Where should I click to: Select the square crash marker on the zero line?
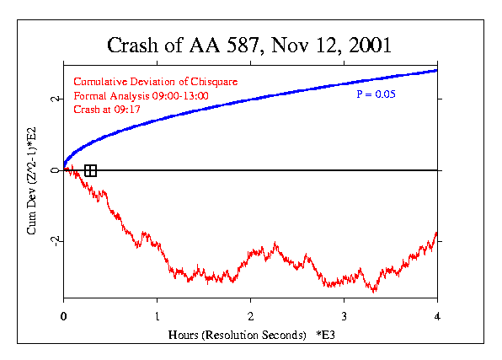point(90,170)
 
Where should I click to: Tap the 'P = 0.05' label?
point(376,94)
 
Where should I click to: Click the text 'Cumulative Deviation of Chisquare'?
point(157,82)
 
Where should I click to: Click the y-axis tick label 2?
point(52,99)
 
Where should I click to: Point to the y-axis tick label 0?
point(52,170)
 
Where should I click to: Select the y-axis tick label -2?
point(52,240)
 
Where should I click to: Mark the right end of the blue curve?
point(436,70)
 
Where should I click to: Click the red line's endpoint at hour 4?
point(436,234)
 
